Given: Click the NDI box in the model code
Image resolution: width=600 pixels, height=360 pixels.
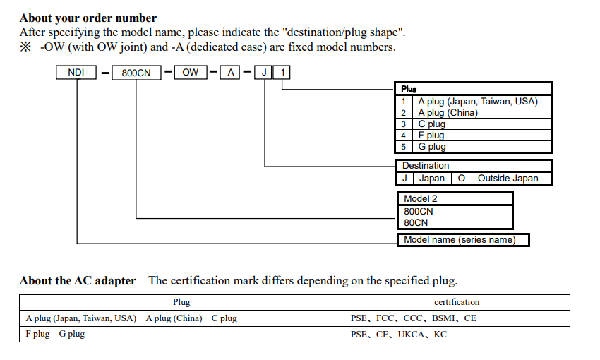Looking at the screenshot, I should [76, 72].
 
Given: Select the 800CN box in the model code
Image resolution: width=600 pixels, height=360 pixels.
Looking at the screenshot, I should [136, 72].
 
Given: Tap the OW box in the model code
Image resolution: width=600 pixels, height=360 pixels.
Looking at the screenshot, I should [191, 72].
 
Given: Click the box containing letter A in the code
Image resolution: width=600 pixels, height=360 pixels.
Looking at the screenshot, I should [230, 72].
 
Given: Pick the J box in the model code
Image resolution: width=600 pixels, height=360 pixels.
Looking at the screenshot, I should [263, 72].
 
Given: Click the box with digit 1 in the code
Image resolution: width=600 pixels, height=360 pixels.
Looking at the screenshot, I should [282, 72].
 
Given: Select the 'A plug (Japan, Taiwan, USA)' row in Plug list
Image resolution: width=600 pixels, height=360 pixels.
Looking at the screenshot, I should [477, 101].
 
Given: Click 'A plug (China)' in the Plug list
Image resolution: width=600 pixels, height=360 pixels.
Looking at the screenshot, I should [448, 112].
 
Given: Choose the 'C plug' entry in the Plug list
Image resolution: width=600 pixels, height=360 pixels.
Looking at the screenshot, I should [431, 124].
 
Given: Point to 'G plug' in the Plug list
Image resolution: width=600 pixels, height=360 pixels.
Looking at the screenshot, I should [431, 146].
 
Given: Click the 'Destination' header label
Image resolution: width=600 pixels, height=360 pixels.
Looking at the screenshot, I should [426, 166].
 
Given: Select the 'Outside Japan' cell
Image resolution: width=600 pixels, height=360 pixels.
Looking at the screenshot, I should [508, 178].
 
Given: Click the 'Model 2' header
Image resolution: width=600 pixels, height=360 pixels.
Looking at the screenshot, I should [420, 199].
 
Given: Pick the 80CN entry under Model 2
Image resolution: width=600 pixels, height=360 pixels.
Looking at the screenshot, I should [416, 222].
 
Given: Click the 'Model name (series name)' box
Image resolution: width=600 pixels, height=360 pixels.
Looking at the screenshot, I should [460, 240].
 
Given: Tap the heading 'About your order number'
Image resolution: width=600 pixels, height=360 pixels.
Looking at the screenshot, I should [88, 18].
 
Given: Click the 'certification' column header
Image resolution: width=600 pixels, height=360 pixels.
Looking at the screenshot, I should [457, 302].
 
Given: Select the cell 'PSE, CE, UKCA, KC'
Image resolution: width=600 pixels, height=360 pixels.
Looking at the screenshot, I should [398, 334].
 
